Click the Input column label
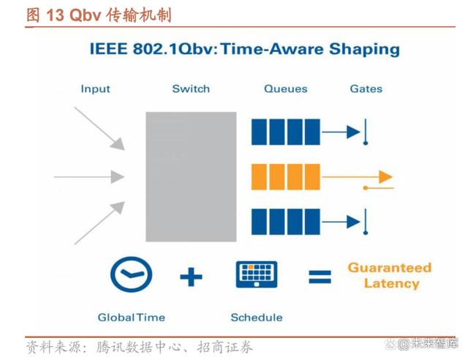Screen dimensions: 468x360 96,89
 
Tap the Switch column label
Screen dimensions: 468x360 191,89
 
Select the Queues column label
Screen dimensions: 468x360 286,89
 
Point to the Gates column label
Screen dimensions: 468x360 366,89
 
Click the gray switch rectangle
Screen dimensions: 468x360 191,176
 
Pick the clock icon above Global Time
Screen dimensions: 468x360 131,274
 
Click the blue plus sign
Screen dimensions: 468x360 191,277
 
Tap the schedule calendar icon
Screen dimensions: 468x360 257,274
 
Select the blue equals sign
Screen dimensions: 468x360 320,277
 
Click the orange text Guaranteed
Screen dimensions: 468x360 390,268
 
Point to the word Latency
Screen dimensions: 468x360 392,283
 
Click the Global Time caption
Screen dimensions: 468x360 132,318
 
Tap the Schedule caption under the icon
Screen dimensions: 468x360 257,318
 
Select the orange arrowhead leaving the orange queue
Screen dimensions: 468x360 385,177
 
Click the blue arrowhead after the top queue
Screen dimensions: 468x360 353,132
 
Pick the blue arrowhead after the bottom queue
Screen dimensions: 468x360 353,222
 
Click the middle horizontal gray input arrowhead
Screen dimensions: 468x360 118,177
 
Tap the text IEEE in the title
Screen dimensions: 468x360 109,49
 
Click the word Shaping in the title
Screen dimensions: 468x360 364,50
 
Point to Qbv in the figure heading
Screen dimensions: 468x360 85,15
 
